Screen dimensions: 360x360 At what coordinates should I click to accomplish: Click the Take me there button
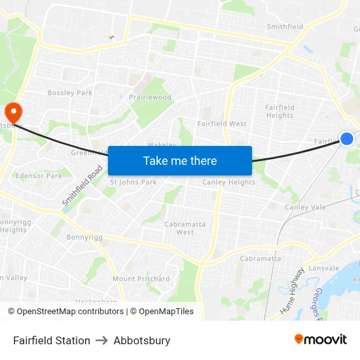click(179, 160)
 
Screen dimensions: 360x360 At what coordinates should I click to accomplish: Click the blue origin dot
click(347, 138)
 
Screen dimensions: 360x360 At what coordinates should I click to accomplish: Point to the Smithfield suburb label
click(285, 27)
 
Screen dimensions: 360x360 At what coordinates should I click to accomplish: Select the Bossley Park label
click(70, 93)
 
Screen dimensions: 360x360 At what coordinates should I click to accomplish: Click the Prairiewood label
click(150, 98)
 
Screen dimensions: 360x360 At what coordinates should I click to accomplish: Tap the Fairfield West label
click(222, 123)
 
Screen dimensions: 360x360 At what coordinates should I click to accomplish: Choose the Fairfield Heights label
click(279, 111)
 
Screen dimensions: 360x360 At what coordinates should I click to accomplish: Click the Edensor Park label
click(39, 175)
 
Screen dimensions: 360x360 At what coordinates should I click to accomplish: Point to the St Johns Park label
click(133, 182)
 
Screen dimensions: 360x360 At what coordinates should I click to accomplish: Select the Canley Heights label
click(228, 182)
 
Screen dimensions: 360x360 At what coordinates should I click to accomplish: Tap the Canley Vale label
click(305, 207)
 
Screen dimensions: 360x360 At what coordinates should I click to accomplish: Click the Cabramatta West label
click(185, 228)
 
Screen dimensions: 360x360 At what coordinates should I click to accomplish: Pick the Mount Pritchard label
click(141, 279)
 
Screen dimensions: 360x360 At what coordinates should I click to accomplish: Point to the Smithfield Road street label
click(83, 187)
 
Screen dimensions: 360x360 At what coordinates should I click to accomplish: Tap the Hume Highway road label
click(292, 292)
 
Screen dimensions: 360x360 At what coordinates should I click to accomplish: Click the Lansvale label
click(324, 268)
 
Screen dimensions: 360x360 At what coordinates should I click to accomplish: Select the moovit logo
click(321, 340)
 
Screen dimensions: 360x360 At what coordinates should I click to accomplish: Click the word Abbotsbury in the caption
click(141, 340)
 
